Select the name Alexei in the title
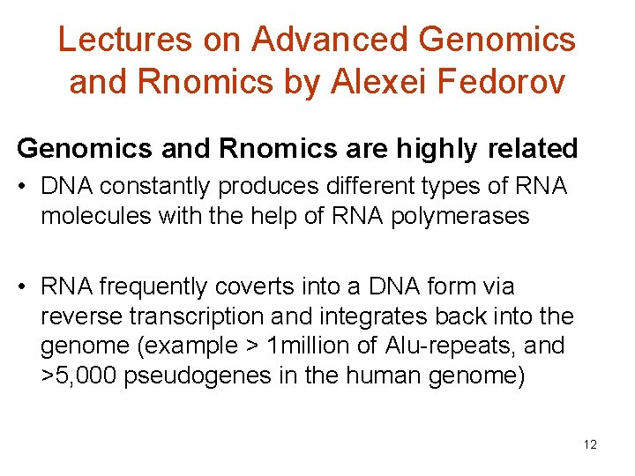359,81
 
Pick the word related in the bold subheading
534,149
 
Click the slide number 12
590,444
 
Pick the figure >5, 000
78,375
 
